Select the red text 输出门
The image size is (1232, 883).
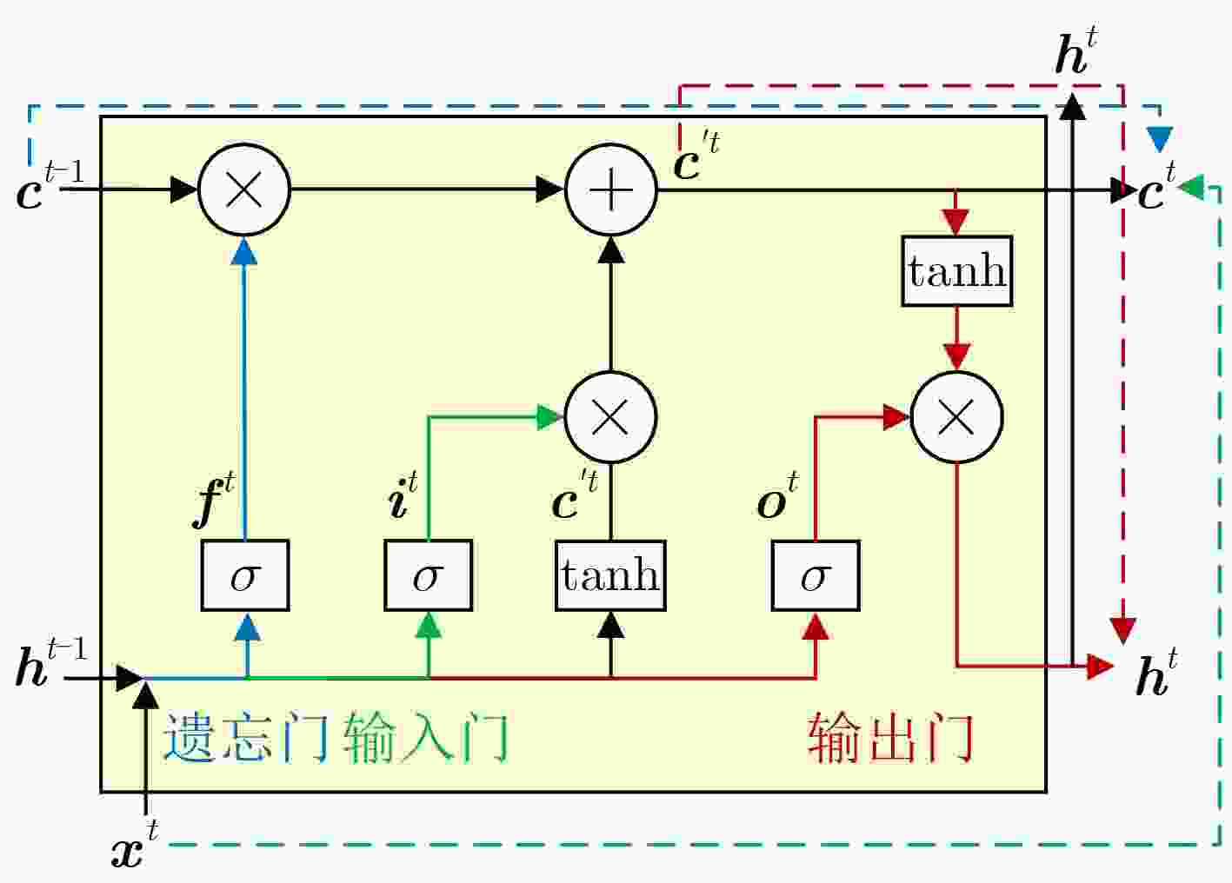(x=890, y=737)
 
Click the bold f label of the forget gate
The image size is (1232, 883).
(x=213, y=500)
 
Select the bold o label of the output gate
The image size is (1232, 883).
(x=777, y=495)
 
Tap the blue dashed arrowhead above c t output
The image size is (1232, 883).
(x=1159, y=140)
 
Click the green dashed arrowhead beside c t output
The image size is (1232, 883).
(x=1191, y=188)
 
